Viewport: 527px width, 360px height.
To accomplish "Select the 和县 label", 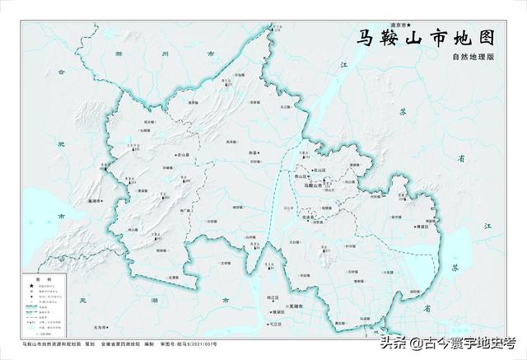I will click(253, 152).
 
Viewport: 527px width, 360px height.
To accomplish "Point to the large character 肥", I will click(60, 146).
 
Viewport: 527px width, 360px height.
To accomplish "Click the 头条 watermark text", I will click(394, 344).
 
